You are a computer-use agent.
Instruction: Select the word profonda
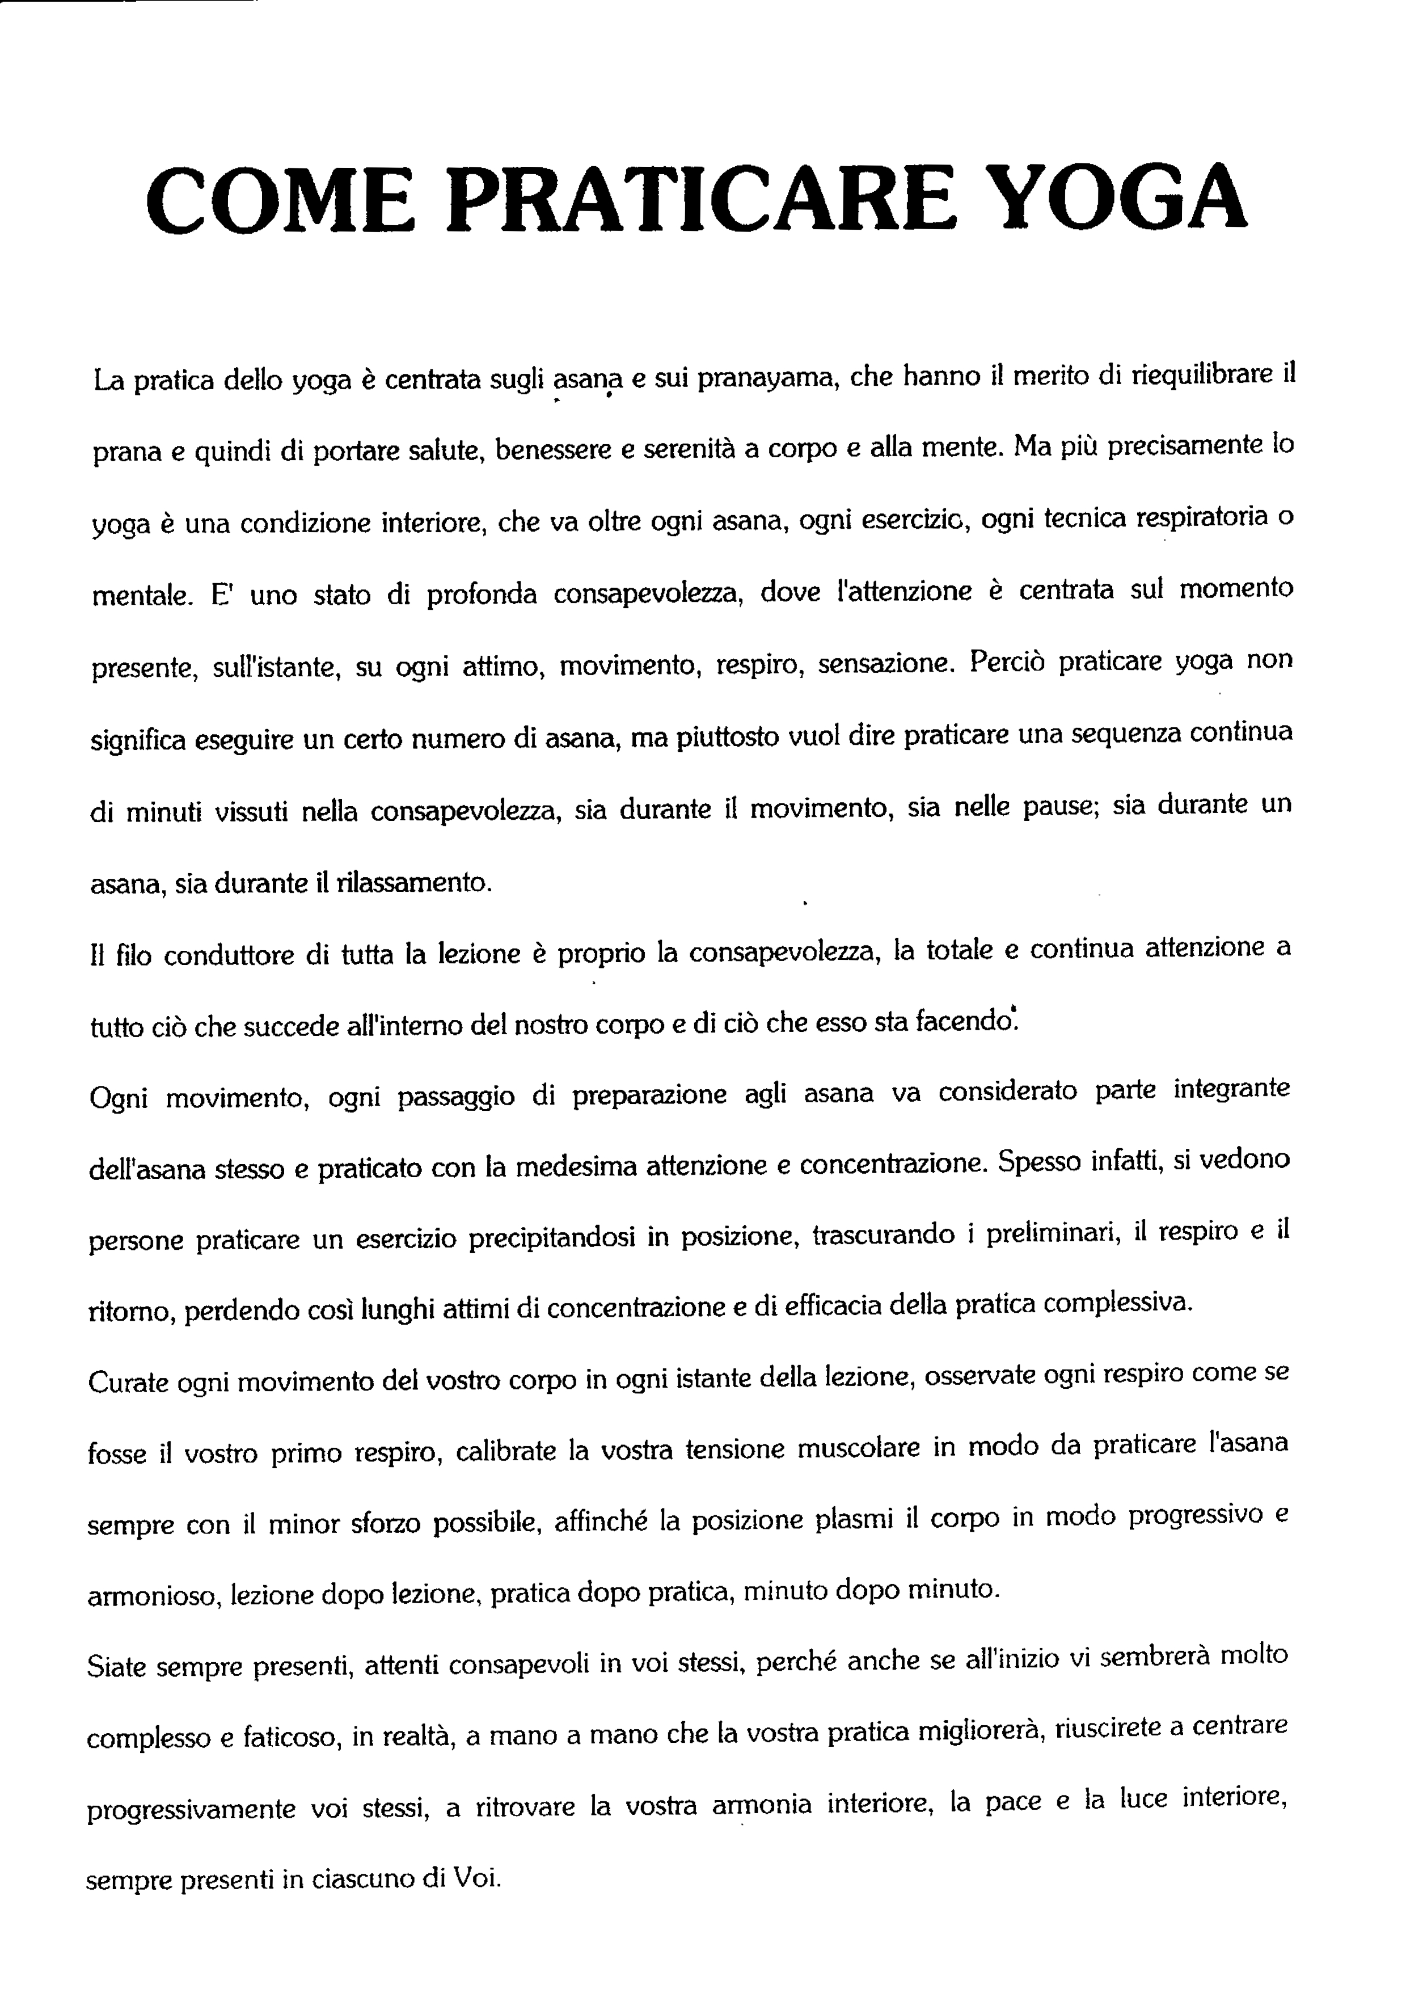pos(482,595)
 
